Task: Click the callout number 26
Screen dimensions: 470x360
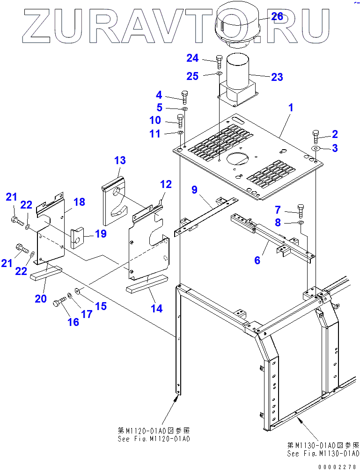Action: click(277, 16)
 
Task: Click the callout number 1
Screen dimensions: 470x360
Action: click(291, 108)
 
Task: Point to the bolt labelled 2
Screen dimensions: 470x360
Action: click(315, 137)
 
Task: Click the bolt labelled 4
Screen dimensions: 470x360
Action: click(184, 97)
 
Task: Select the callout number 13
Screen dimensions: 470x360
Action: click(120, 160)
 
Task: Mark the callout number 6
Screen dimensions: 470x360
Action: click(257, 260)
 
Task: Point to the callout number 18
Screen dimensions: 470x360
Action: click(79, 202)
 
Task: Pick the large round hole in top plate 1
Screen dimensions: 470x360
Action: click(237, 159)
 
